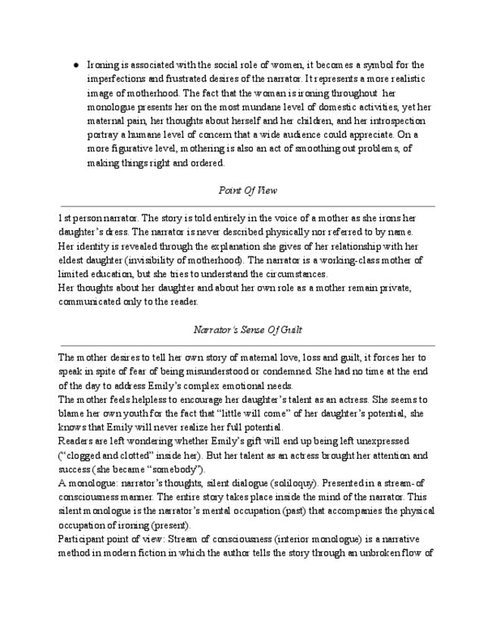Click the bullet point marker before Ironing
[77, 66]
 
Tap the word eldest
[76, 260]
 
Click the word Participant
[83, 540]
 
